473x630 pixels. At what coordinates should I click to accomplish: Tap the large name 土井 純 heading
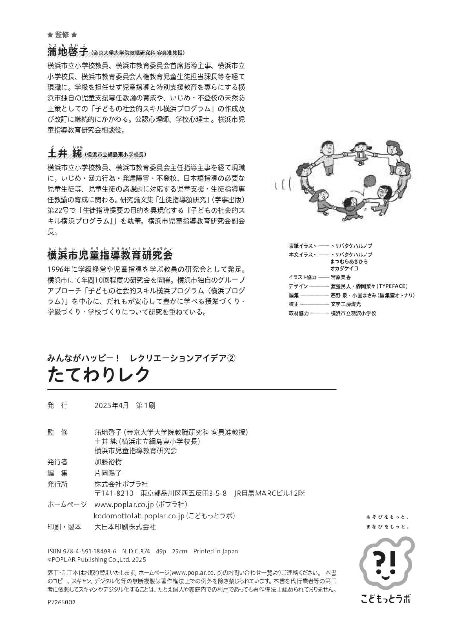(x=65, y=154)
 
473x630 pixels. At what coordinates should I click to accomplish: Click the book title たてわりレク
(x=99, y=375)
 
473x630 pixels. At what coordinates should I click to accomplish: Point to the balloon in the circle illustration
(x=369, y=181)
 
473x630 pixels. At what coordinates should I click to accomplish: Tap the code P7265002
(x=61, y=602)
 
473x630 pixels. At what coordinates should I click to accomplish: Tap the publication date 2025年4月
(x=112, y=405)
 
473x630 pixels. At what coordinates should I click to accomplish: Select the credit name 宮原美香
(x=341, y=277)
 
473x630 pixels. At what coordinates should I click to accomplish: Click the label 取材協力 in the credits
(x=299, y=313)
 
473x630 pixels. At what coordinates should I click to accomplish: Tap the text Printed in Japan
(x=216, y=551)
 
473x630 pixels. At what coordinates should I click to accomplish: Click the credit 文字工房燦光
(x=346, y=304)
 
